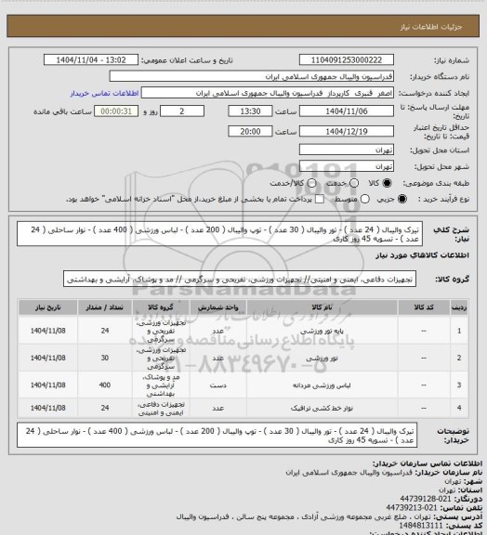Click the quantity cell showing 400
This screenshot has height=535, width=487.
(x=104, y=381)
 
